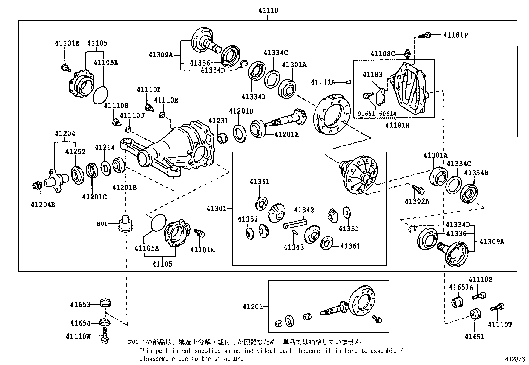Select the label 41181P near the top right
coord(455,35)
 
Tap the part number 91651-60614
coord(377,114)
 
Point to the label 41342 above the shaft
coord(304,210)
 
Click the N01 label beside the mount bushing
coord(102,224)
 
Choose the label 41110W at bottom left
coord(78,336)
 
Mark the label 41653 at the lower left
coord(80,304)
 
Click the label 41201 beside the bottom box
coord(253,307)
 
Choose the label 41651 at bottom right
coord(475,337)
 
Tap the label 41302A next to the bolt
coord(417,201)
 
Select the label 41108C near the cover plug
coord(383,54)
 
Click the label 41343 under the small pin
coord(294,247)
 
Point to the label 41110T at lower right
coord(500,325)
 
